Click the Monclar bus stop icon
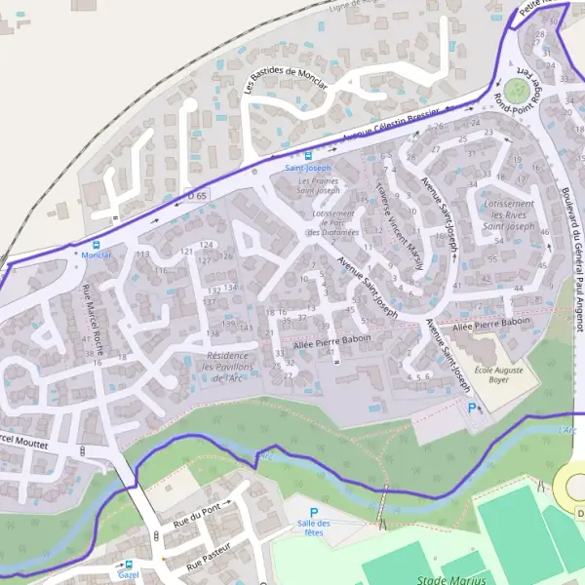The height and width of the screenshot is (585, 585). (x=96, y=244)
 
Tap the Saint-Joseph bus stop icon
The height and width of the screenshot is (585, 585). (x=308, y=155)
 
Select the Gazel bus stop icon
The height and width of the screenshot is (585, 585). (x=129, y=564)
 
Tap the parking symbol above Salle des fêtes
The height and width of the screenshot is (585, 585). (x=314, y=512)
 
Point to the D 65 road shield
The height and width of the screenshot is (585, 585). (x=198, y=196)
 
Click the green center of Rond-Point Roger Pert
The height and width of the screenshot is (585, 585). (x=522, y=92)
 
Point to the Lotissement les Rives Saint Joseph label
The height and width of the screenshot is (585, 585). (x=507, y=215)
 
